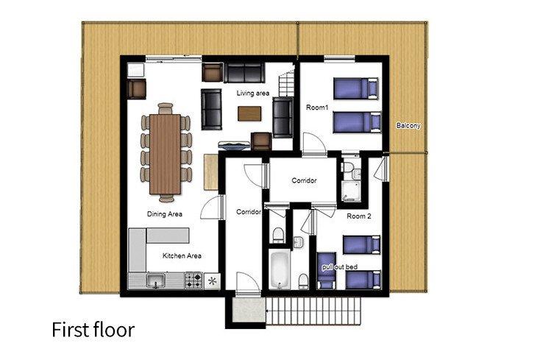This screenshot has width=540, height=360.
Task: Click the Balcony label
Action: point(408,126)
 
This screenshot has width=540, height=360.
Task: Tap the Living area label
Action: point(253,93)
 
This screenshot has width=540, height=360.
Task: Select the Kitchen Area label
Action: point(182,255)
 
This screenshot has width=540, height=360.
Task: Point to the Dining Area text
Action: point(165,214)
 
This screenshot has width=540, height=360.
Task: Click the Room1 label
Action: point(317,107)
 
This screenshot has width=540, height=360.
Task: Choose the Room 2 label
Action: point(359,216)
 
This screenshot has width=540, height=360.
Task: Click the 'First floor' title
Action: point(93,330)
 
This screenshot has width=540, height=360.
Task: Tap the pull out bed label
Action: point(340,267)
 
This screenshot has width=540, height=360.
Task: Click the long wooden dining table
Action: point(165,154)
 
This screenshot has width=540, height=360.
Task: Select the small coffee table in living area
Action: point(249,113)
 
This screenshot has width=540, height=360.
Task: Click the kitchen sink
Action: point(156,280)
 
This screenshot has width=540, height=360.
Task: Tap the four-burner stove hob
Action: point(193,280)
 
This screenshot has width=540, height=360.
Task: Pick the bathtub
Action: point(280,269)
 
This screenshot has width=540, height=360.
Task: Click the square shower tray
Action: point(351,191)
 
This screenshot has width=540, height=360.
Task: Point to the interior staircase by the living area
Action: point(287,83)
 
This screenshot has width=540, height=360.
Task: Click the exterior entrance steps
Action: point(313,311)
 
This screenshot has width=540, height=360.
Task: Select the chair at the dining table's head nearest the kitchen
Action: point(167,198)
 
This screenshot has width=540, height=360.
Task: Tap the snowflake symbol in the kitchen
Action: point(212,281)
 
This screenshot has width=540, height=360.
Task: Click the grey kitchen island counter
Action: point(168,235)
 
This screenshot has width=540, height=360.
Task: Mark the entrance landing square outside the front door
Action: point(248,310)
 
